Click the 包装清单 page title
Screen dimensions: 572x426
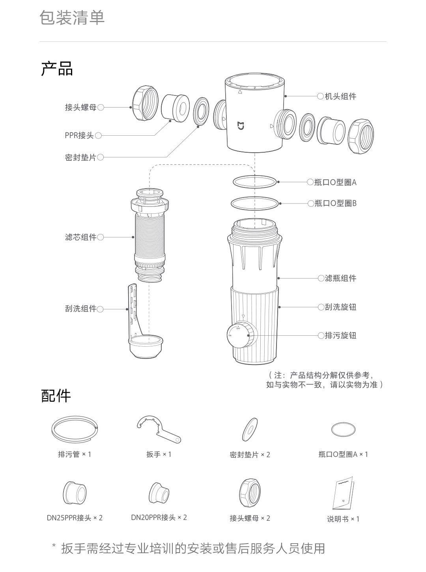point(72,18)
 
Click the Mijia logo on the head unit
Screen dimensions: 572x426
point(241,126)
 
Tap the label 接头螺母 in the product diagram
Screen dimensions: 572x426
point(80,107)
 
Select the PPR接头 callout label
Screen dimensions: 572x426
point(79,136)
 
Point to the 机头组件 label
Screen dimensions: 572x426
point(340,96)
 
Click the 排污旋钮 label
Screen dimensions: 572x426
point(340,336)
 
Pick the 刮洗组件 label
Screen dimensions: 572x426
point(80,309)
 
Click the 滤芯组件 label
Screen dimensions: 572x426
point(80,237)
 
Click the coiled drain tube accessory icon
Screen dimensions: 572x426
point(74,428)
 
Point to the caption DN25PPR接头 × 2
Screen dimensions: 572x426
point(75,518)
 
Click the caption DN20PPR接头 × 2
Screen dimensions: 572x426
point(159,518)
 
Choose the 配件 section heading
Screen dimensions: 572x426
point(56,396)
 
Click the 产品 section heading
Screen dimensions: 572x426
point(57,69)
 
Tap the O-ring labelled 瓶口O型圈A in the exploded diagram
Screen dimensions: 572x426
point(255,182)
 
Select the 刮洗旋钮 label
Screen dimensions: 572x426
point(340,307)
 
